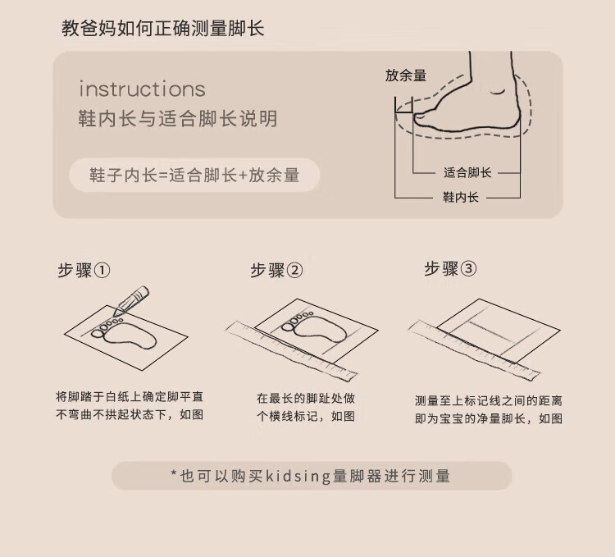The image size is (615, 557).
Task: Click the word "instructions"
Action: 142,89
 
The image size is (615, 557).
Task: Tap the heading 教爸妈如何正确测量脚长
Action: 163,29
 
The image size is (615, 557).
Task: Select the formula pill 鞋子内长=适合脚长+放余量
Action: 194,175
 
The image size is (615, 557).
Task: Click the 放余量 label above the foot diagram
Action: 406,75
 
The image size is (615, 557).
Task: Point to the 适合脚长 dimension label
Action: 467,172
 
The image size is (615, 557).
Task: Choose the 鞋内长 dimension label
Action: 461,197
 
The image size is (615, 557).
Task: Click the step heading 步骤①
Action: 84,270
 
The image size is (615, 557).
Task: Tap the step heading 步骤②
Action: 276,270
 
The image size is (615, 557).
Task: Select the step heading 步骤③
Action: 450,269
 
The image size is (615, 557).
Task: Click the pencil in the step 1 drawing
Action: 131,300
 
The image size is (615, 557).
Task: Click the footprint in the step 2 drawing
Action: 314,326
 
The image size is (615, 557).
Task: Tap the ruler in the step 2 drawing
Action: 291,351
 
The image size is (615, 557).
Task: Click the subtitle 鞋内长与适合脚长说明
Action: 178,118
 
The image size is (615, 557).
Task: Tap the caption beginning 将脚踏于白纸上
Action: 130,405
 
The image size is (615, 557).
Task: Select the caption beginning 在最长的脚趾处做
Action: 306,407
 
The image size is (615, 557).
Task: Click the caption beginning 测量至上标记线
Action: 489,409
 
